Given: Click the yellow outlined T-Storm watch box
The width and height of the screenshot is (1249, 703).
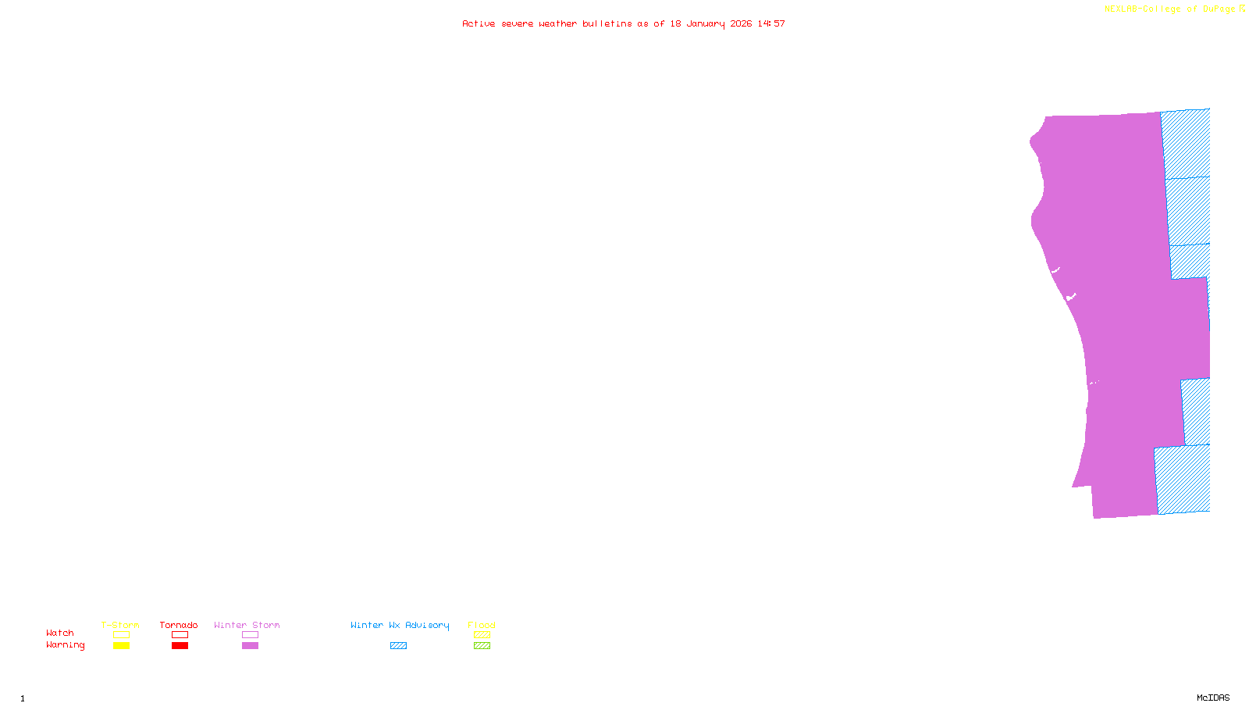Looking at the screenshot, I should point(121,635).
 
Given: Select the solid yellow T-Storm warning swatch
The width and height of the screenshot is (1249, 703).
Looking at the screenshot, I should point(121,646).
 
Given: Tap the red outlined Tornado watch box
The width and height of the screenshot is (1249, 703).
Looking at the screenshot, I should point(180,635).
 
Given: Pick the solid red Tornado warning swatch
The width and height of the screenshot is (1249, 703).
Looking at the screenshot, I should point(180,646).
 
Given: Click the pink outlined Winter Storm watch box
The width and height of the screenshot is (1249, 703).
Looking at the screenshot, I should point(250,635).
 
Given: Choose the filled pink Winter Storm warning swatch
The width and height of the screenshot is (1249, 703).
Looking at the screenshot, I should point(250,646).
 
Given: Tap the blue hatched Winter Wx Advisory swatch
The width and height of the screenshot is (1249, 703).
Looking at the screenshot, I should point(398,646).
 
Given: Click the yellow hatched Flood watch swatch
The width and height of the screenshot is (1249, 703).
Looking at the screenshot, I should point(482,635).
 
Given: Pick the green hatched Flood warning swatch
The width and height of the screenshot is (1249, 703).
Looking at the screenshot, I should point(482,646).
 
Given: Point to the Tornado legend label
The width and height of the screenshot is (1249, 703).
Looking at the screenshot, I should point(179,625).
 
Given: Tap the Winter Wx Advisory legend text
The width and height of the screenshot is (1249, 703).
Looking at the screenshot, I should point(400,625).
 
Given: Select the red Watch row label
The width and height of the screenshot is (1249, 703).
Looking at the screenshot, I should point(60,633).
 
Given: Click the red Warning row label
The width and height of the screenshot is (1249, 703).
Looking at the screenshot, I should point(65,645).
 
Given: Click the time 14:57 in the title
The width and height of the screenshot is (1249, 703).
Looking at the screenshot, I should point(771,23).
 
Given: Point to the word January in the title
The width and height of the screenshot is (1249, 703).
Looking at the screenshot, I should point(706,23).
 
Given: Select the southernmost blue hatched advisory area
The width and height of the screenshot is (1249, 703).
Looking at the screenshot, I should point(1183,479).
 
